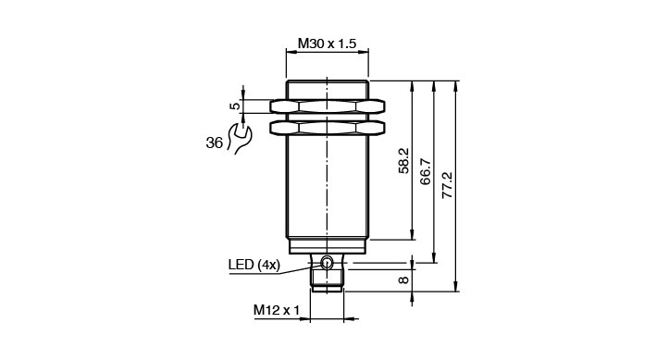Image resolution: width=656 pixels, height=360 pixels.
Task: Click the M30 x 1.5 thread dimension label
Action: [327, 43]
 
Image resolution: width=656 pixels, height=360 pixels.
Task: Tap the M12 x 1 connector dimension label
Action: [277, 310]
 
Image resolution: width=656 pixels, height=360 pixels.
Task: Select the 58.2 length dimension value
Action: [403, 161]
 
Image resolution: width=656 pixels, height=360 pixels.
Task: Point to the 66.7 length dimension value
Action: [426, 171]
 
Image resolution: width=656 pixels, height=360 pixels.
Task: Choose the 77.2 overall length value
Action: [447, 185]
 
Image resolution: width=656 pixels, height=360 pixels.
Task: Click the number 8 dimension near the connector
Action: [403, 279]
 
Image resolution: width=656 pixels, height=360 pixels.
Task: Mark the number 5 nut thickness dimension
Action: [236, 106]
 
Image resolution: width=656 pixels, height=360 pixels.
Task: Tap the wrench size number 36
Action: [215, 143]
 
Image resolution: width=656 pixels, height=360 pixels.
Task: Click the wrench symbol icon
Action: [239, 139]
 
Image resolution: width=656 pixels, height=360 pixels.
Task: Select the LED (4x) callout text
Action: [254, 265]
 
